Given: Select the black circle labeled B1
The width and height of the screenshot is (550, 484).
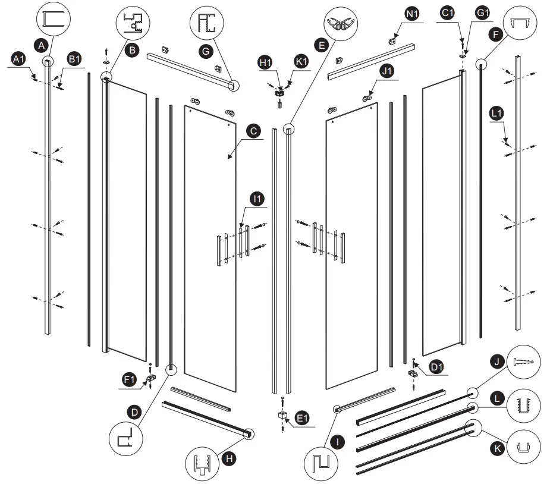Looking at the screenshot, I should click(74, 58).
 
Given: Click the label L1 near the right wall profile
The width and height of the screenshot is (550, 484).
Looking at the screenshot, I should click(497, 112).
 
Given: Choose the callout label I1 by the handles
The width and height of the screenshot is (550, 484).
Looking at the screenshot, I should click(257, 199).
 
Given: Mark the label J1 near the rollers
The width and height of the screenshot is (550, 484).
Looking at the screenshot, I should click(387, 71).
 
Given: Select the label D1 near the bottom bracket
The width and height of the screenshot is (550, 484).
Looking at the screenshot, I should click(437, 367).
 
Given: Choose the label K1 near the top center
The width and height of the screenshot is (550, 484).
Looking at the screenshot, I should click(301, 61).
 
